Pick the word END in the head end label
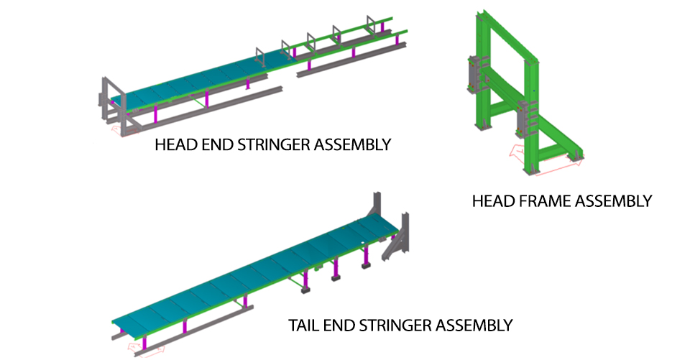pyautogui.click(x=210, y=145)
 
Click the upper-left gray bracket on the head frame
pyautogui.click(x=474, y=72)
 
